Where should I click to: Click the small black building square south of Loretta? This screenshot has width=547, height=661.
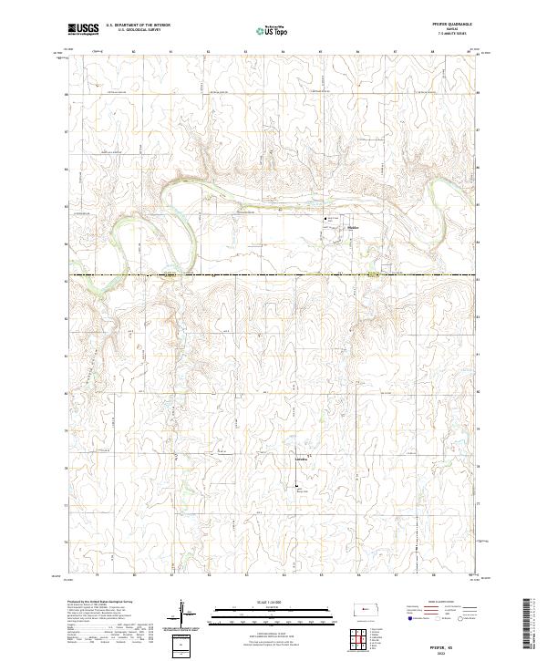[x=294, y=490]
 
